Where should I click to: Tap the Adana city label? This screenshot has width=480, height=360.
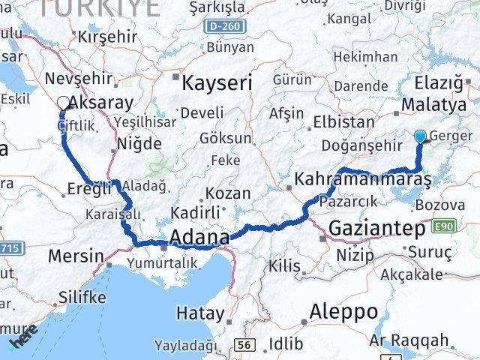tap(200, 238)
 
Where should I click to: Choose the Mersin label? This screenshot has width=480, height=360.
tap(75, 256)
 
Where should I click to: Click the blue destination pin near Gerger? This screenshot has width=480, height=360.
tap(420, 136)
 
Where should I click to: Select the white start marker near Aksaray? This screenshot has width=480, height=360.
tap(64, 103)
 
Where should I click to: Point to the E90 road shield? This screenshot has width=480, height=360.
tap(443, 226)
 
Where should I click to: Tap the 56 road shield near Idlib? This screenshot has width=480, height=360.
tap(244, 344)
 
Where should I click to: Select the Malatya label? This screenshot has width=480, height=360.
tap(433, 105)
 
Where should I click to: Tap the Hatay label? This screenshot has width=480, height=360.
tap(199, 313)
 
